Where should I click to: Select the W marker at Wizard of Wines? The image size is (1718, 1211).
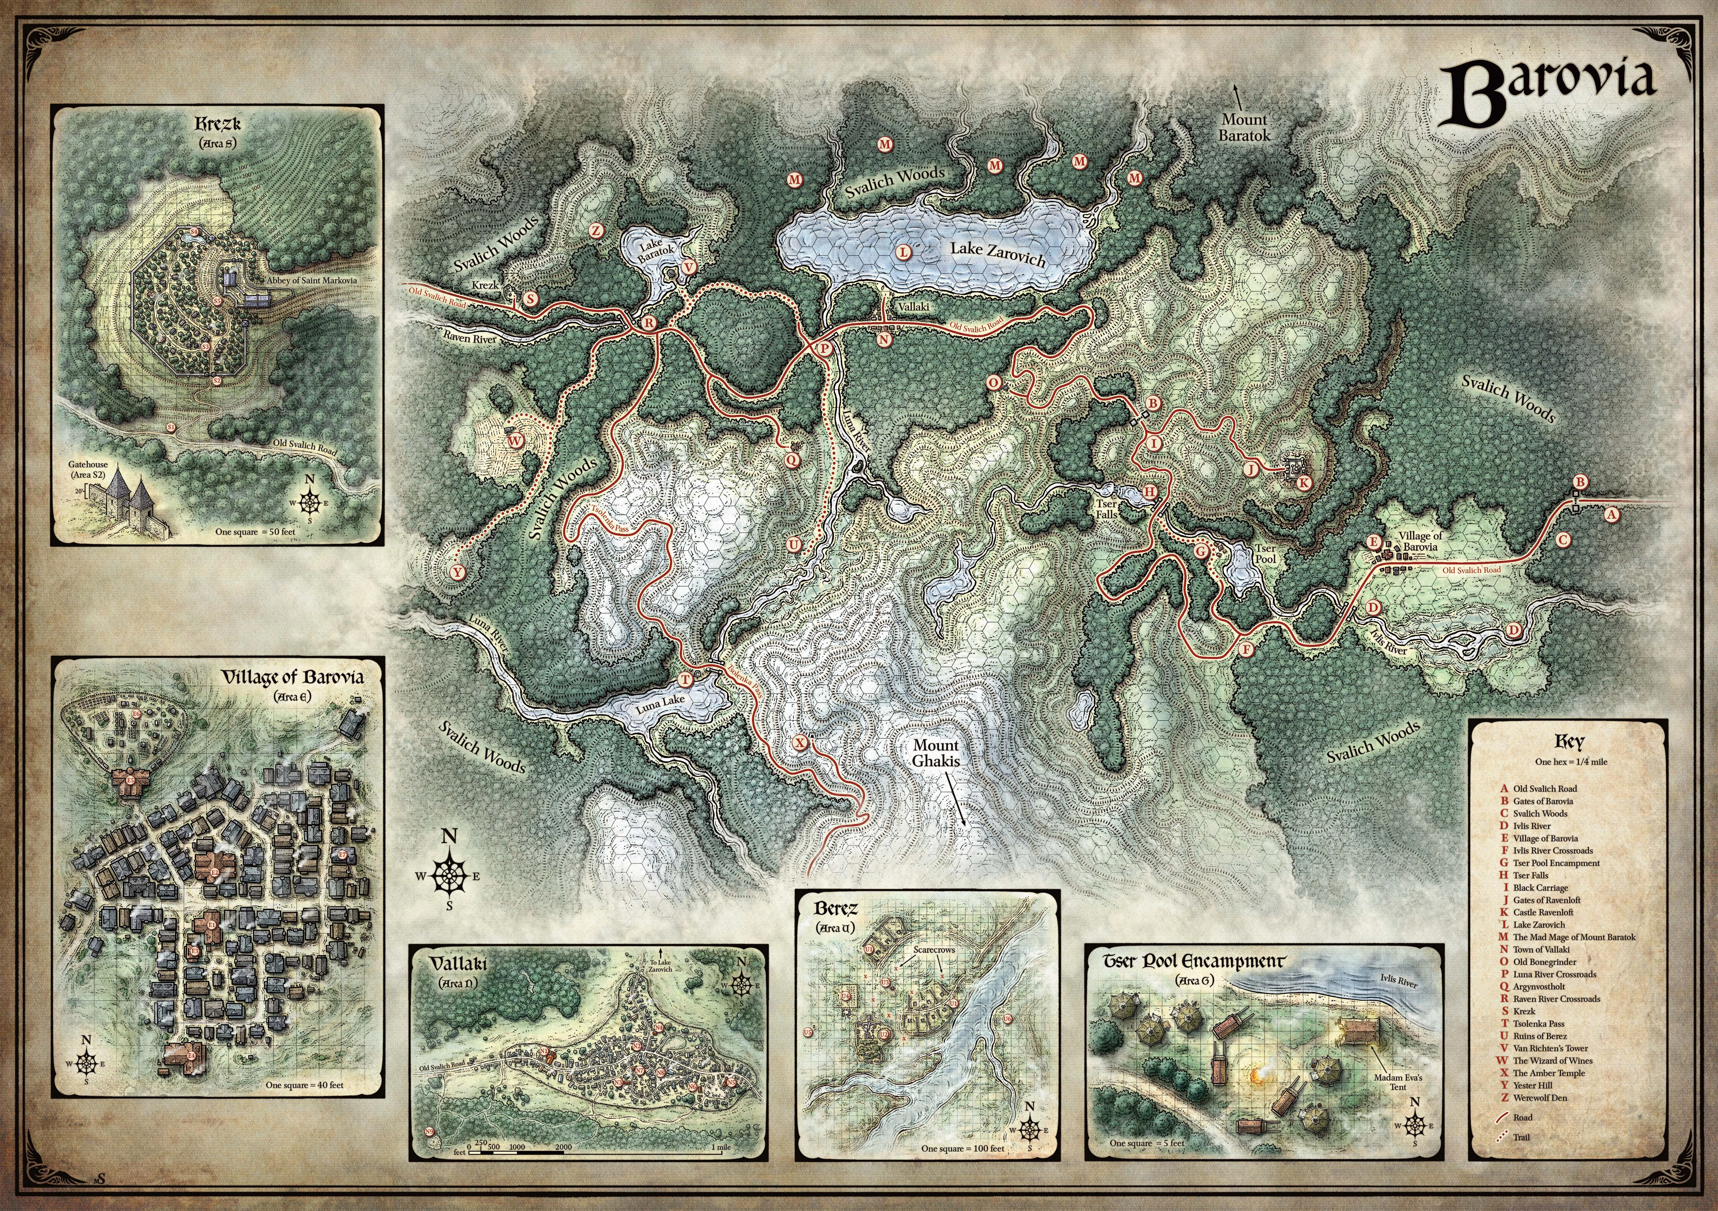click(516, 441)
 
